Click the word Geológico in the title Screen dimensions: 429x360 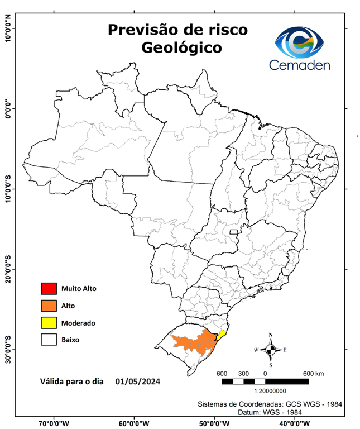click(181, 48)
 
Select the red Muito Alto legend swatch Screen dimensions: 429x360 click(49, 289)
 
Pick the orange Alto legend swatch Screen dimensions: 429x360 click(49, 306)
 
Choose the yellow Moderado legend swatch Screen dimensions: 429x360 click(49, 322)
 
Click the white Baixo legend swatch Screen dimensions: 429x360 click(49, 339)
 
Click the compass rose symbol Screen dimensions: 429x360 click(271, 350)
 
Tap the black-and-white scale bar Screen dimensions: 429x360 click(265, 382)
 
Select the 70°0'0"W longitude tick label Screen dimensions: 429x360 click(54, 422)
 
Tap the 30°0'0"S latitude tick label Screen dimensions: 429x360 click(8, 349)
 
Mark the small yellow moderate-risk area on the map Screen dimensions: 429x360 click(222, 334)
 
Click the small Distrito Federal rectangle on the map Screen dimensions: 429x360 click(234, 231)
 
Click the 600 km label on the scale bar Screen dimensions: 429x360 click(313, 373)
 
